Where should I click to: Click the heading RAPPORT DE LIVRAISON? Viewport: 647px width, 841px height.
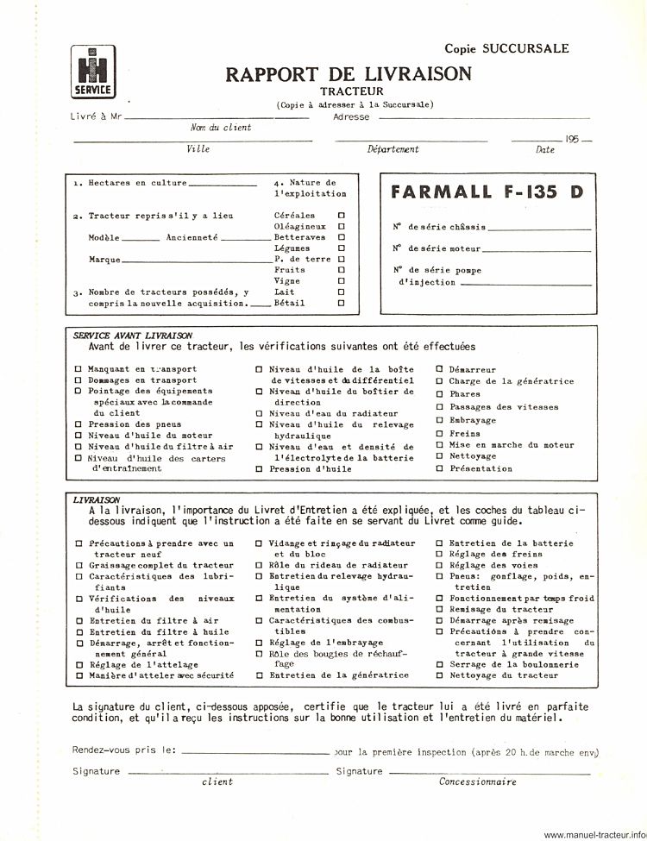[x=349, y=74]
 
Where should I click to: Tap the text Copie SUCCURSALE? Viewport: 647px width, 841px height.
[x=506, y=48]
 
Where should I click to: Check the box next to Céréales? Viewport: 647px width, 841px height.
[x=342, y=215]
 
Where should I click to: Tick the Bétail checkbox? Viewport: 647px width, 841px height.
[x=342, y=303]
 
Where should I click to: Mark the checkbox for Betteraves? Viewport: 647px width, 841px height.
[x=342, y=236]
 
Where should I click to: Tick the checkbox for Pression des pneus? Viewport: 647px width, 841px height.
[x=79, y=424]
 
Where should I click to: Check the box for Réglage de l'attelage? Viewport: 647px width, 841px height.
[x=79, y=665]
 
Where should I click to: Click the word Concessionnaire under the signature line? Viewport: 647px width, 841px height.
[x=477, y=782]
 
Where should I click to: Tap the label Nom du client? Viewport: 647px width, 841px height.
[x=221, y=128]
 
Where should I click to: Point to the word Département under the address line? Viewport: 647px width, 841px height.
[x=393, y=149]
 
